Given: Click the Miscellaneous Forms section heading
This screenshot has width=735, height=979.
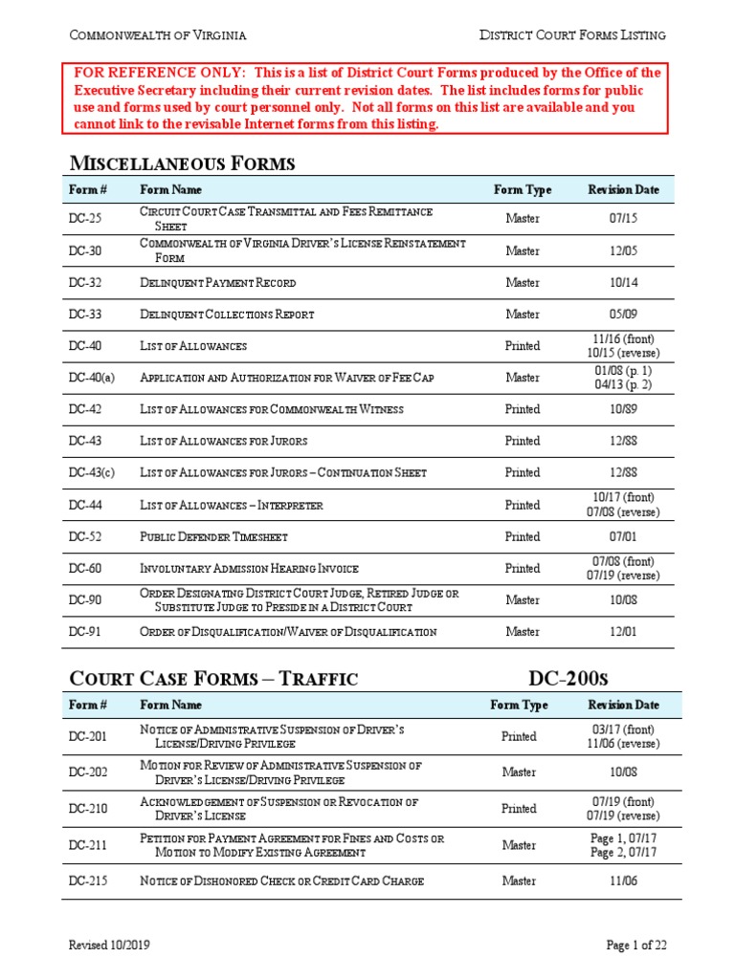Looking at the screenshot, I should [183, 163].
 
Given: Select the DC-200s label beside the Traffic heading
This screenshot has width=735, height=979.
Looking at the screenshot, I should [568, 679].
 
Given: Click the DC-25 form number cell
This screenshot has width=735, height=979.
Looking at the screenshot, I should [85, 219].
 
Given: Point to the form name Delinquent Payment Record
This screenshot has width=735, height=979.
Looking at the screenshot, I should [217, 283].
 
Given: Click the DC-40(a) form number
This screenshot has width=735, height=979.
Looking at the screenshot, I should [92, 378].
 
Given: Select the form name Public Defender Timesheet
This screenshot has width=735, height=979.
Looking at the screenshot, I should [213, 536].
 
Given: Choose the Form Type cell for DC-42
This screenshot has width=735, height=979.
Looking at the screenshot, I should [522, 409].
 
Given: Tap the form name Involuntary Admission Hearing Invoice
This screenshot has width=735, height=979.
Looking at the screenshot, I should [249, 569].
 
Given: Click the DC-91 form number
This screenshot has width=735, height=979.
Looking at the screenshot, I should [85, 632].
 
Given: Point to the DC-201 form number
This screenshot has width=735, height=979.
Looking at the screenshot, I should [88, 737].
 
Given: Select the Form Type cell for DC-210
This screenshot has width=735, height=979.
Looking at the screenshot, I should [519, 809].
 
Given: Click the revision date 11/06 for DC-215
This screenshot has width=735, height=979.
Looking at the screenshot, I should [624, 881].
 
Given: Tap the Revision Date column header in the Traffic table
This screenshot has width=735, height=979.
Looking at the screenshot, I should [624, 706].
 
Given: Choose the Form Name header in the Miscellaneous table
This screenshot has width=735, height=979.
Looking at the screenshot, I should [171, 189].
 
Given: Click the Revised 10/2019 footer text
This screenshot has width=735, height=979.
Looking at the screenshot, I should [108, 946].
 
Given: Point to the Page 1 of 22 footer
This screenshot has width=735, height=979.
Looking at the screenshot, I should [636, 946].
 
